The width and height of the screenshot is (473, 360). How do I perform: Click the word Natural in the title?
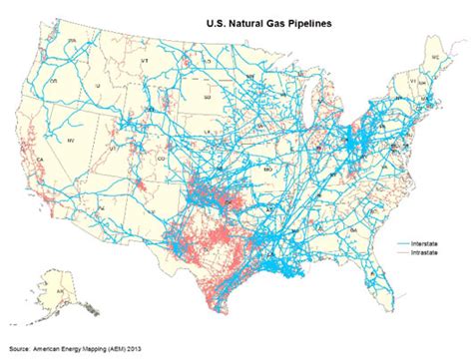[232, 19]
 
